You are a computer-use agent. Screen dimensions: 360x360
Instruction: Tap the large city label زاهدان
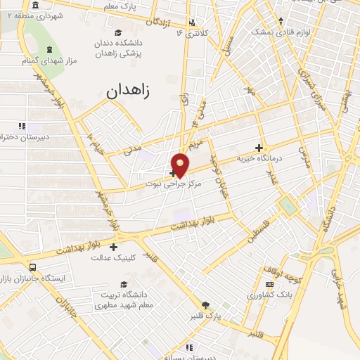(x=134, y=91)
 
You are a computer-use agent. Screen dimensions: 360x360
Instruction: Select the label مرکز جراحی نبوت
(x=174, y=184)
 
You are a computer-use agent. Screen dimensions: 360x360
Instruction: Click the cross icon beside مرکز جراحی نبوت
(x=173, y=173)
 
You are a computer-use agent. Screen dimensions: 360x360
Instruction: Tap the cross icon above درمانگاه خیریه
(x=259, y=148)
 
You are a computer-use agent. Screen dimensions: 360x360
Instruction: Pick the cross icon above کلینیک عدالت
(x=113, y=247)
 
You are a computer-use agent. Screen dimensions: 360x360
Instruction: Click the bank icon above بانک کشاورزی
(x=269, y=284)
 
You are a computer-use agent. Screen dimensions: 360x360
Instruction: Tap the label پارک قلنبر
(x=204, y=316)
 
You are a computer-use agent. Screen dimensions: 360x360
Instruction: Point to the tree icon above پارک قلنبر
(x=205, y=305)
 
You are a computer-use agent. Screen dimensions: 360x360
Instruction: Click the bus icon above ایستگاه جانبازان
(x=33, y=267)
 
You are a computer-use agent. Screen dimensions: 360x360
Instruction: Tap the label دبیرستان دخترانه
(x=23, y=137)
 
